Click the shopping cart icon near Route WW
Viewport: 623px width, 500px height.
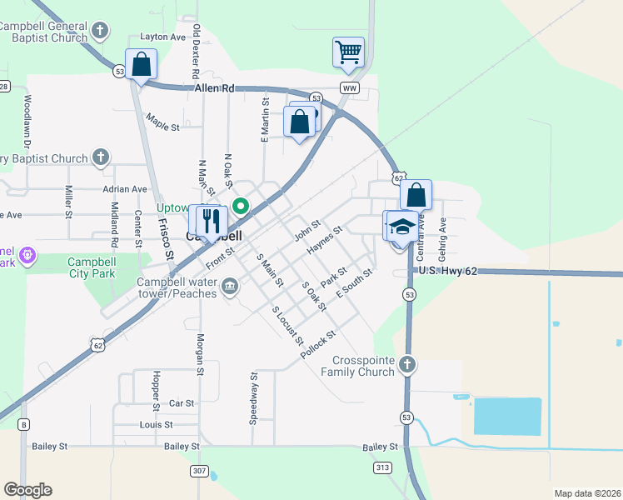[348, 52]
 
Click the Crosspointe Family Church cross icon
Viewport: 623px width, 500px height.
[406, 364]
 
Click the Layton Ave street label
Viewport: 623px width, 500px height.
[162, 37]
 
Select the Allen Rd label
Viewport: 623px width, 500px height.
[216, 87]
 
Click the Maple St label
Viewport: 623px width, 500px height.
[162, 127]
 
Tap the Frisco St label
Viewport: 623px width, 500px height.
[167, 242]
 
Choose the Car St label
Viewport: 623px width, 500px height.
[182, 403]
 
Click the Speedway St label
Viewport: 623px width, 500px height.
[254, 399]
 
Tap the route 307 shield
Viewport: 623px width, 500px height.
[199, 471]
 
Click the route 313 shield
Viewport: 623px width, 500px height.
[382, 467]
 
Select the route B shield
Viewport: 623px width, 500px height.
[23, 425]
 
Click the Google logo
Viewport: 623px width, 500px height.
[27, 490]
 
